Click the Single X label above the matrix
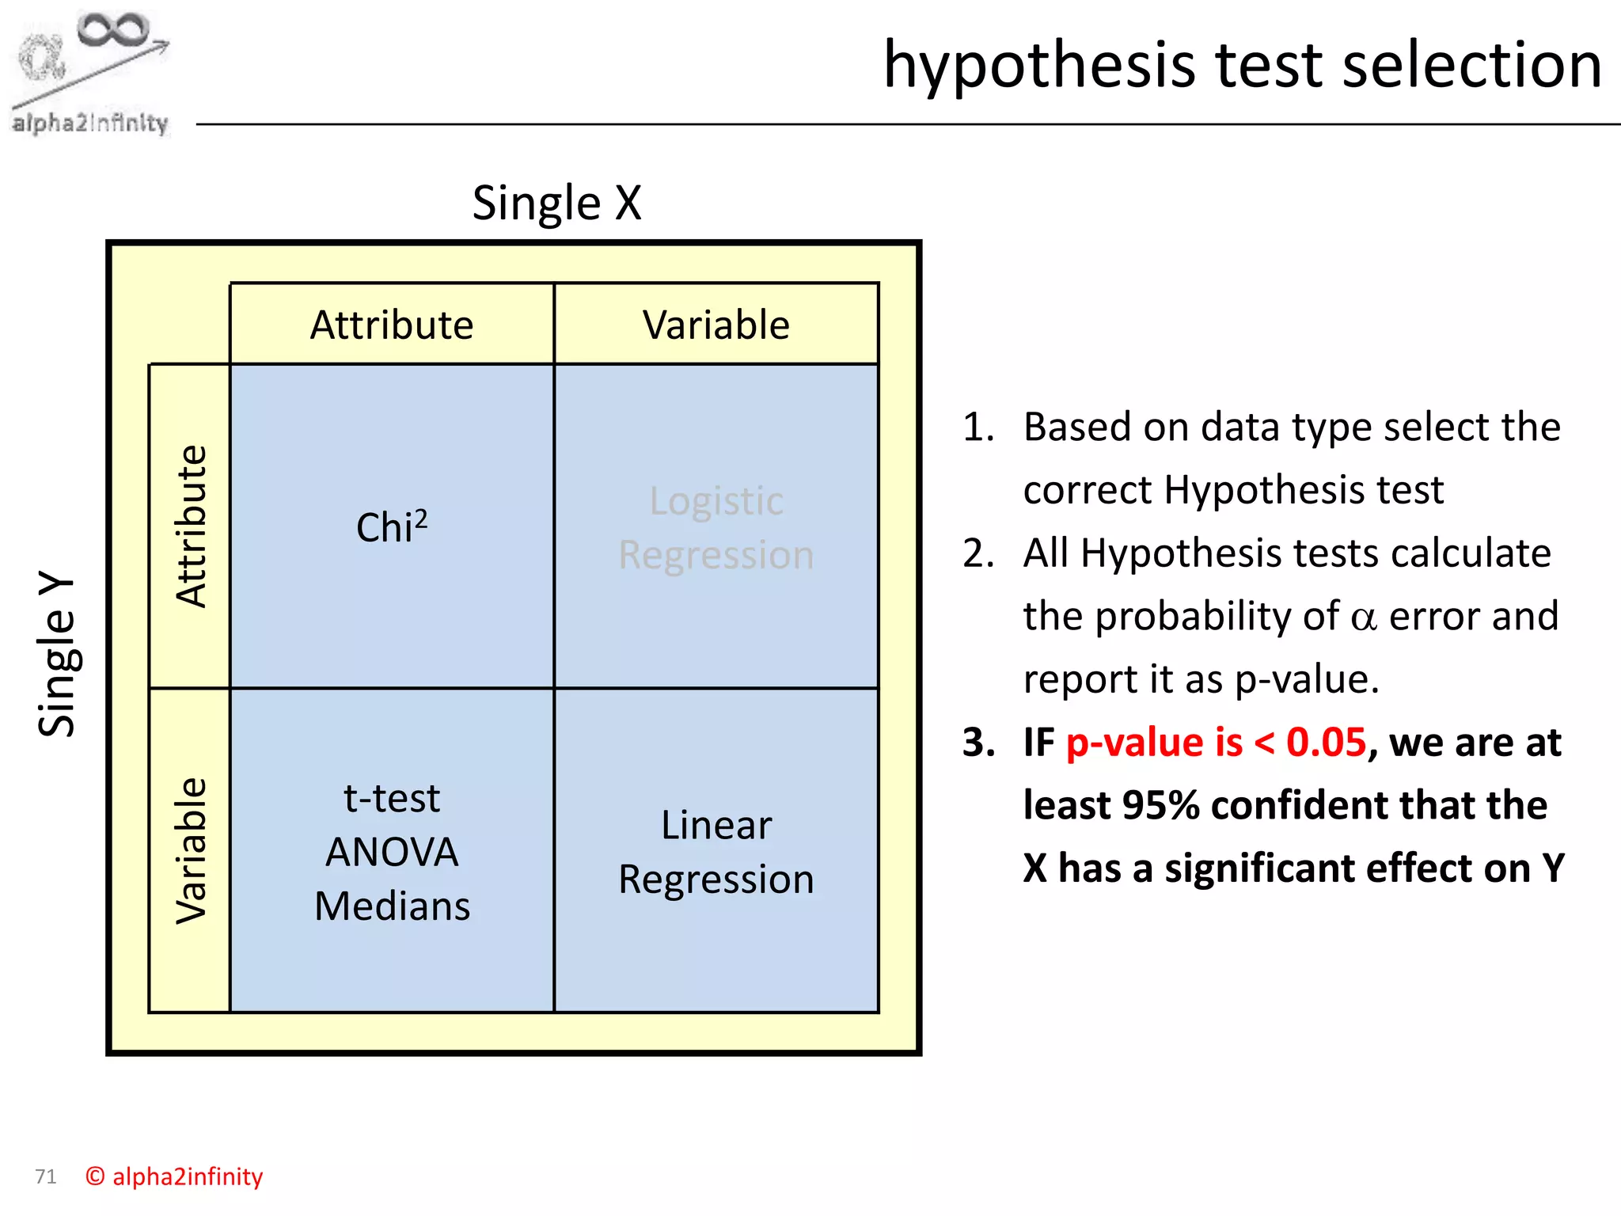(556, 203)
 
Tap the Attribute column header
(392, 325)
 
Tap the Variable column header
(716, 325)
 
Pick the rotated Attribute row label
(191, 526)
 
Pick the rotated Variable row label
(191, 850)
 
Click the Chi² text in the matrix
(392, 527)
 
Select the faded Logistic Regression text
(716, 527)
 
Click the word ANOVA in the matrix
(392, 853)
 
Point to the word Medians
(392, 906)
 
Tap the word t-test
(392, 799)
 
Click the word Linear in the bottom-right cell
(716, 826)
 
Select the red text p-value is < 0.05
(1216, 743)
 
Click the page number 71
(46, 1176)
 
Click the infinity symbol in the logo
(112, 30)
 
